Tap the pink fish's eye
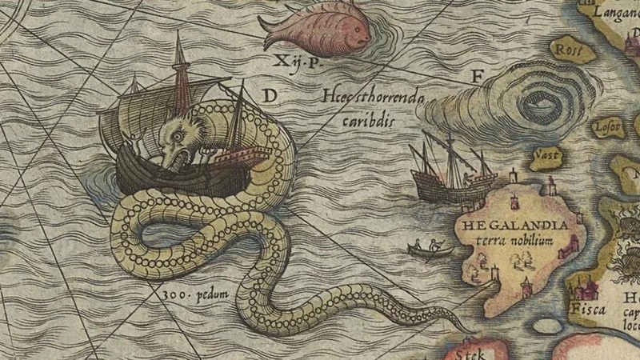pos(358,34)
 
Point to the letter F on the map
pos(478,78)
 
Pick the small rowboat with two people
pos(430,250)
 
